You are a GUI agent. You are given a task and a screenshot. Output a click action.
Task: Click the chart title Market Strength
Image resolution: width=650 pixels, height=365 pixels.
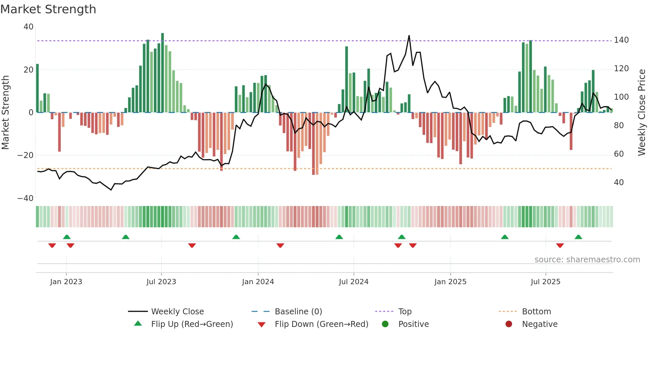coord(48,9)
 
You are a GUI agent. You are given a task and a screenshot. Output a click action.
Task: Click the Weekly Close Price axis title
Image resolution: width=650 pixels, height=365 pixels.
coord(642,112)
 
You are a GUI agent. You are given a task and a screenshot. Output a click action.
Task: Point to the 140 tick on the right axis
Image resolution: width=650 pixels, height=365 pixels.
coord(621,40)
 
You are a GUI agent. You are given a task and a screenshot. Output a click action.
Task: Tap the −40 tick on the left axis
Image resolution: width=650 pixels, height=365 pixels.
coord(26,198)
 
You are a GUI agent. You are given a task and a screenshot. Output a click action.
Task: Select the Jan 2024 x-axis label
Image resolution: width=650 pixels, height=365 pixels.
coord(258,282)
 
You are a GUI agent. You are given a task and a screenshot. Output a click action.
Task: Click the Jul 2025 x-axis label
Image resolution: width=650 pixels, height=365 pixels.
coord(545,282)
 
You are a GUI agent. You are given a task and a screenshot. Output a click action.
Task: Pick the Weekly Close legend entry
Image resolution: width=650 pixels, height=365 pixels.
coord(177,312)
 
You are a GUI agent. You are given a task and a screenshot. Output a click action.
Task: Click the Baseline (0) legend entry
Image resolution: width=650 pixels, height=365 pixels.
coord(298,312)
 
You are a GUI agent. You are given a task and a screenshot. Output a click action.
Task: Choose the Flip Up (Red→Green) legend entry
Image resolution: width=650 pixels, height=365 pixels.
coord(192,324)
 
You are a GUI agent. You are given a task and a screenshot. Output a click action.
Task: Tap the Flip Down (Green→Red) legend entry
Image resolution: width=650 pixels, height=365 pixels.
coord(321,324)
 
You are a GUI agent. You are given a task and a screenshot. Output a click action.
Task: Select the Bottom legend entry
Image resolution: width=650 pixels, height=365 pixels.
coord(536,312)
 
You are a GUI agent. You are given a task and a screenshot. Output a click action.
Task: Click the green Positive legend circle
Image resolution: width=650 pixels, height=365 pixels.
coord(385,324)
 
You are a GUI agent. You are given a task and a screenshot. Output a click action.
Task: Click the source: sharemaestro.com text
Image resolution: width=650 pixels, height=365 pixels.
coord(587,260)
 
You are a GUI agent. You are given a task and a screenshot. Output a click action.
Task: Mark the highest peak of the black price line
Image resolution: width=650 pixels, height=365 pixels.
coord(409,35)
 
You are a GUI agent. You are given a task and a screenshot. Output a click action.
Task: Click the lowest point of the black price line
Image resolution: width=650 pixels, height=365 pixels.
coord(111,190)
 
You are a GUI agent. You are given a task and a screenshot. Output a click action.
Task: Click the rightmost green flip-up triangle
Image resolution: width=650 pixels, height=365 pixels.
coord(578,237)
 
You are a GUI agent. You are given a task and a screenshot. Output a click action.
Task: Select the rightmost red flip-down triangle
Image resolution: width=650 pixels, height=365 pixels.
coord(560,245)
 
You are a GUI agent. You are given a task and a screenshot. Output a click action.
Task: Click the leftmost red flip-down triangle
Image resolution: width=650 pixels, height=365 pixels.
coord(52,245)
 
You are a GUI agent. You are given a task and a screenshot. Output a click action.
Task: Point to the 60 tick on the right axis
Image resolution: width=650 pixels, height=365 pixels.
coord(618,154)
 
